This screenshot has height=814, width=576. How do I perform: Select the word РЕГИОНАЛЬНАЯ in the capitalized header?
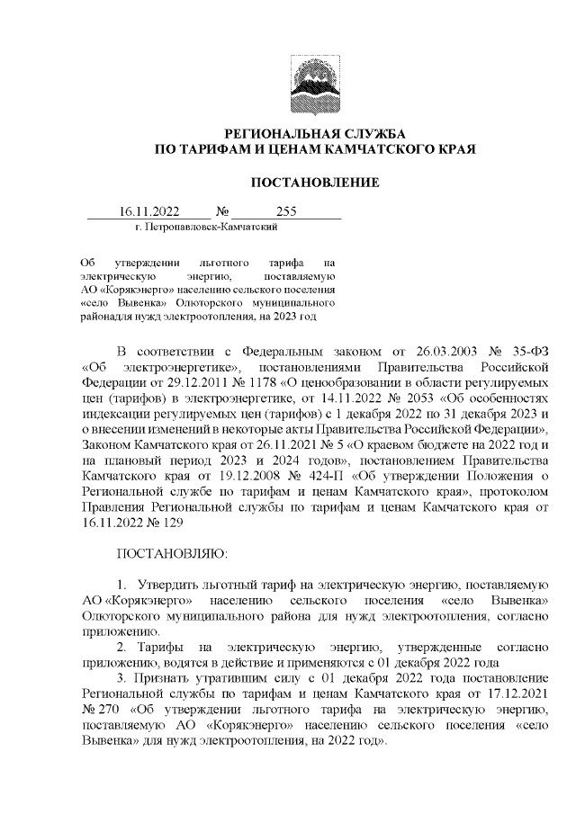click(275, 132)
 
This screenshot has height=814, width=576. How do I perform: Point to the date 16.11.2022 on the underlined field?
click(148, 212)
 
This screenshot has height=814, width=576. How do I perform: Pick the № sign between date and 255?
click(220, 212)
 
